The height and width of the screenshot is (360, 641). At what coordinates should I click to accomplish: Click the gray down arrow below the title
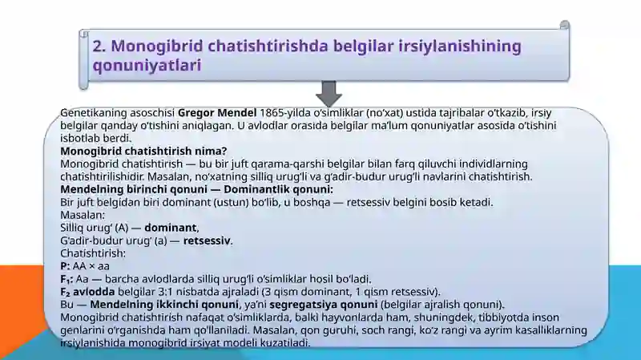(329, 93)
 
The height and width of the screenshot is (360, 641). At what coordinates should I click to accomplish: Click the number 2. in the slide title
(101, 46)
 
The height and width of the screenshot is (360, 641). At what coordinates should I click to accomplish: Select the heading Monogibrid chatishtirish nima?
(144, 151)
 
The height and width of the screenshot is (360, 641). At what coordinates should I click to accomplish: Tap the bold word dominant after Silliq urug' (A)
(170, 228)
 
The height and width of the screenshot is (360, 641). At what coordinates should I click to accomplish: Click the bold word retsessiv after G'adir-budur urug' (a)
(207, 241)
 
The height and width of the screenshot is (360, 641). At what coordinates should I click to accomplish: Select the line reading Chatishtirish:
(92, 253)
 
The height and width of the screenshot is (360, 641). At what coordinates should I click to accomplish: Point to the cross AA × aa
(91, 266)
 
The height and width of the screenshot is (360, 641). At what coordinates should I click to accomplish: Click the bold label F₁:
(67, 279)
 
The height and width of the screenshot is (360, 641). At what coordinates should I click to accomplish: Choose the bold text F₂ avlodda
(88, 292)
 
